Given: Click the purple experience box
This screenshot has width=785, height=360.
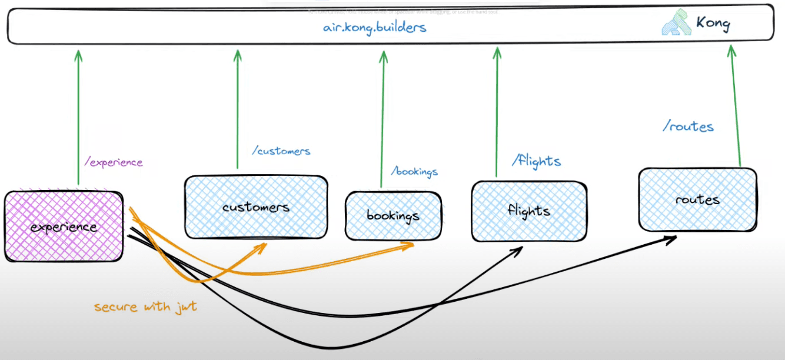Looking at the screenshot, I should pyautogui.click(x=64, y=226).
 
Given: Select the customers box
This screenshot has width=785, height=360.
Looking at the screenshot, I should pyautogui.click(x=256, y=207).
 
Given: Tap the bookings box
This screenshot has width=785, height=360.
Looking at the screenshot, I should pyautogui.click(x=393, y=215).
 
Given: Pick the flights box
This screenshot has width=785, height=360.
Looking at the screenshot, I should pyautogui.click(x=528, y=211).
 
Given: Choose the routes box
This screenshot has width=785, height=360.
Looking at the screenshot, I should pyautogui.click(x=697, y=199).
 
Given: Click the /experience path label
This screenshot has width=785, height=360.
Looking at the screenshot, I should pyautogui.click(x=113, y=162).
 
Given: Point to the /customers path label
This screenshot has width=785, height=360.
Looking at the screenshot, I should pyautogui.click(x=281, y=151).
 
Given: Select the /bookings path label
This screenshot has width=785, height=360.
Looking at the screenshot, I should pyautogui.click(x=415, y=172).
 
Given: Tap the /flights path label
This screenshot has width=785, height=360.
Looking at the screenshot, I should pyautogui.click(x=536, y=161).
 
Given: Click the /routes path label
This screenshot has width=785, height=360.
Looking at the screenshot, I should pyautogui.click(x=688, y=126).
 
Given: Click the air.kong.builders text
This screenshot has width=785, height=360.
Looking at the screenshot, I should pyautogui.click(x=374, y=27).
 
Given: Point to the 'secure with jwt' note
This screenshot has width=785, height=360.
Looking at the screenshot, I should pyautogui.click(x=145, y=307).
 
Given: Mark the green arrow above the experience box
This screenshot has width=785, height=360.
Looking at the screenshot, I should pyautogui.click(x=78, y=118).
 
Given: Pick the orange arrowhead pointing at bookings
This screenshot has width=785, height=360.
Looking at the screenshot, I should pyautogui.click(x=409, y=245).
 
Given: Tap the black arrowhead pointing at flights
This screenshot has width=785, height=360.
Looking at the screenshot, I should pyautogui.click(x=517, y=251).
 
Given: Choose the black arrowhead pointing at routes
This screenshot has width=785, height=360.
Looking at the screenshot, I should pyautogui.click(x=671, y=238).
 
